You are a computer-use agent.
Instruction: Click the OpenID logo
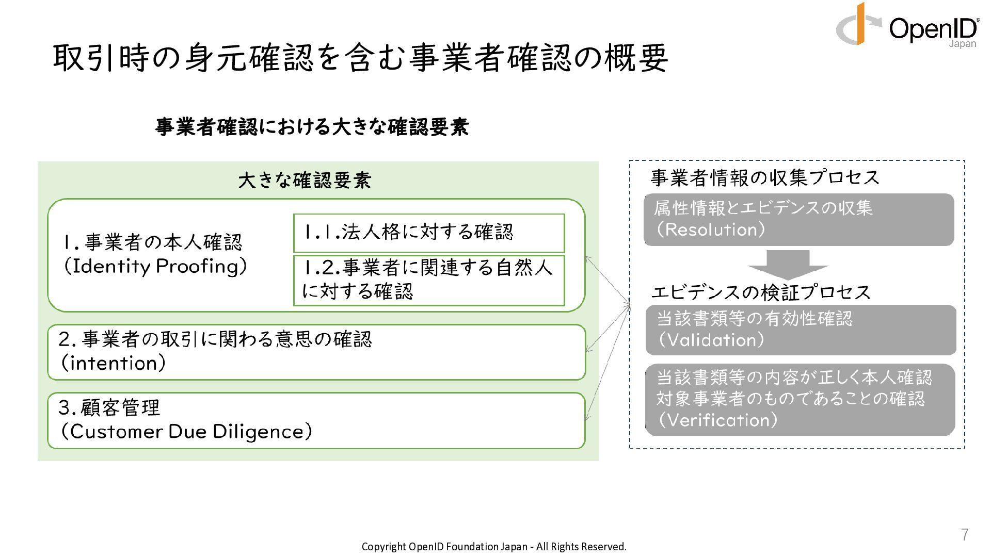906,26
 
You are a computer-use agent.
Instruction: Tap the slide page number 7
964,534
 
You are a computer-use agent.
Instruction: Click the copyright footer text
494,546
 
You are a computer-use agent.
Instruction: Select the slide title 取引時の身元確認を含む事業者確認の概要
360,57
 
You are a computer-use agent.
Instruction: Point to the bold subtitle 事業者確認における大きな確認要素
312,127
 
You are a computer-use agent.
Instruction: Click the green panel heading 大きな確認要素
305,181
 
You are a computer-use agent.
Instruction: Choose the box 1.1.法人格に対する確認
428,233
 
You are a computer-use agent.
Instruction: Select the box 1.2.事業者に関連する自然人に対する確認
428,280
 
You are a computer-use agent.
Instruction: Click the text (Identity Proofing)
155,267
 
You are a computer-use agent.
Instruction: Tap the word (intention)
114,363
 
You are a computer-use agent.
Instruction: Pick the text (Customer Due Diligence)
186,432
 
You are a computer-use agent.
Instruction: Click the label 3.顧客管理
109,408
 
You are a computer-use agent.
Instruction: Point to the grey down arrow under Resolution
788,264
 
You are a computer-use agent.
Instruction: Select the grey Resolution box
798,219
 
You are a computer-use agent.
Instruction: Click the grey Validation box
800,330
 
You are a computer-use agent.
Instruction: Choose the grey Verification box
800,399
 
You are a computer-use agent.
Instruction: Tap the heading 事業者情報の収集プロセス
764,178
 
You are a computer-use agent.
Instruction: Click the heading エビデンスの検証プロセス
760,292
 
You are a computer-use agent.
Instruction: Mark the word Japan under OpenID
962,44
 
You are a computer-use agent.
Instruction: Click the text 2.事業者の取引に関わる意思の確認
215,339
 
